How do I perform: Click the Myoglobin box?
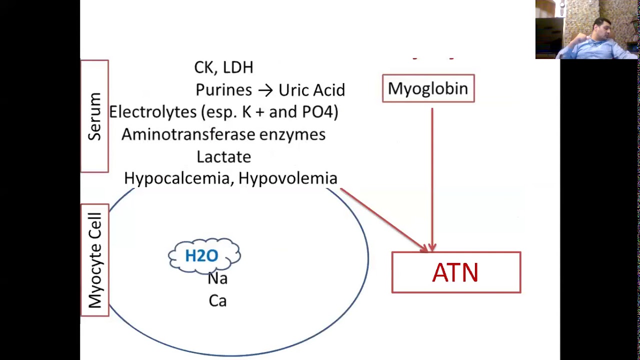pyautogui.click(x=428, y=88)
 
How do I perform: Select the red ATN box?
pyautogui.click(x=456, y=272)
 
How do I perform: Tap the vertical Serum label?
pyautogui.click(x=94, y=116)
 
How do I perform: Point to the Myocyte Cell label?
pyautogui.click(x=95, y=260)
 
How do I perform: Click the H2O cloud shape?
pyautogui.click(x=204, y=255)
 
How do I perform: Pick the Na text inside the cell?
pyautogui.click(x=217, y=278)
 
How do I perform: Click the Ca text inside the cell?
pyautogui.click(x=217, y=301)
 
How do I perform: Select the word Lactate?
pyautogui.click(x=223, y=157)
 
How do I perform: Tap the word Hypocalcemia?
pyautogui.click(x=177, y=178)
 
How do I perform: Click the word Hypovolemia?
pyautogui.click(x=288, y=178)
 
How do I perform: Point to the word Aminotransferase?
pyautogui.click(x=188, y=134)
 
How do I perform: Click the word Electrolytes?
pyautogui.click(x=152, y=111)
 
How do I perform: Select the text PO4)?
pyautogui.click(x=320, y=111)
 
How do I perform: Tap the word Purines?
pyautogui.click(x=223, y=89)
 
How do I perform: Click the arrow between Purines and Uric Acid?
pyautogui.click(x=265, y=90)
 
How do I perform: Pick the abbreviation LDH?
pyautogui.click(x=237, y=67)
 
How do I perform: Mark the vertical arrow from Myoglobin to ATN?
pyautogui.click(x=432, y=179)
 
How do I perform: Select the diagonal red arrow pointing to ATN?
pyautogui.click(x=384, y=220)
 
